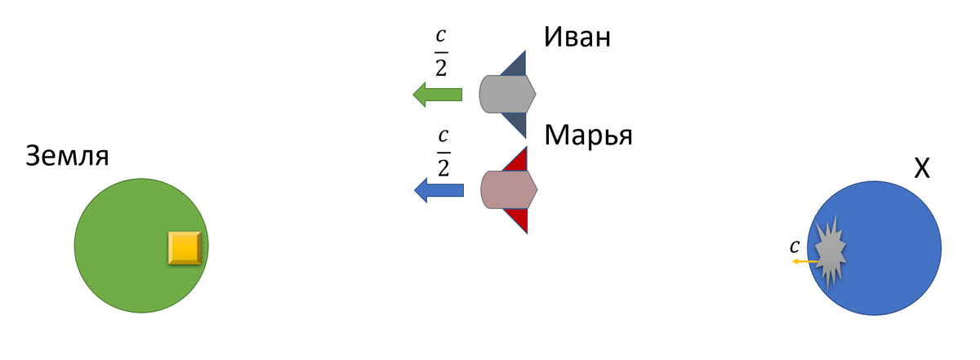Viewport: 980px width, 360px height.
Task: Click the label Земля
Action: coord(68,155)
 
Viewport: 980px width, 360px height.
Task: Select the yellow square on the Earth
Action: coord(185,247)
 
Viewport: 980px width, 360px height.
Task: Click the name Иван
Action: coord(577,38)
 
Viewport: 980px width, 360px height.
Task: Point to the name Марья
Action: coord(589,134)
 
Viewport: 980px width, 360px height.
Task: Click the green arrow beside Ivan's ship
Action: coord(437,95)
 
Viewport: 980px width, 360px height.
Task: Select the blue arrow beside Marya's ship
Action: coord(439,190)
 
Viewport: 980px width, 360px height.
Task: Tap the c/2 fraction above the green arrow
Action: coord(440,53)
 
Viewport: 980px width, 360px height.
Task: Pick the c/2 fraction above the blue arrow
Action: coord(443,150)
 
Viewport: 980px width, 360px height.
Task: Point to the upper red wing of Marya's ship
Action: coord(518,161)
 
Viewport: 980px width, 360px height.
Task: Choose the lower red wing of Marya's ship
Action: coord(518,219)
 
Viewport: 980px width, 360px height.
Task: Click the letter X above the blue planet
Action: coord(921,169)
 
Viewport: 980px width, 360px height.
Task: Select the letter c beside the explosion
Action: coord(794,246)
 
